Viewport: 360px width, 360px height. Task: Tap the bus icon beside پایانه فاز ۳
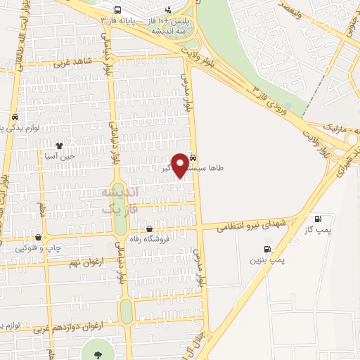pyautogui.click(x=117, y=11)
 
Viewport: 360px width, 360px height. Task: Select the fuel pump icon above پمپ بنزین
pyautogui.click(x=267, y=249)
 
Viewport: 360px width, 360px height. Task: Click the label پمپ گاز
pyautogui.click(x=328, y=231)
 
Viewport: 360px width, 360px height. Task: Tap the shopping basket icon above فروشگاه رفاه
pyautogui.click(x=149, y=229)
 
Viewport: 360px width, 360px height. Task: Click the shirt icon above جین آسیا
pyautogui.click(x=59, y=146)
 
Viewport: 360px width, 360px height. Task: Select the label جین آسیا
pyautogui.click(x=59, y=157)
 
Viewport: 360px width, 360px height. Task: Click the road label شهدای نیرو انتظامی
pyautogui.click(x=250, y=225)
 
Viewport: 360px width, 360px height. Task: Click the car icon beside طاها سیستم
pyautogui.click(x=193, y=158)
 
